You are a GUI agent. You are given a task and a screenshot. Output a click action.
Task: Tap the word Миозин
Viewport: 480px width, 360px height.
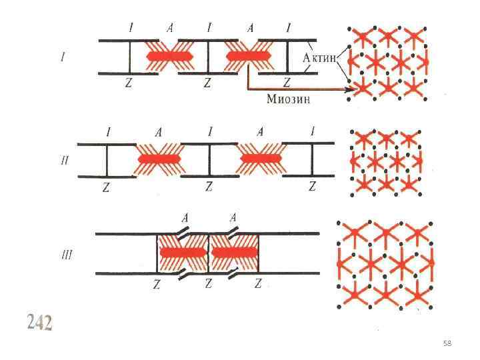coord(288,100)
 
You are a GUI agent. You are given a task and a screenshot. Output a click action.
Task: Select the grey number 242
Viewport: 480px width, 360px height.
coord(39,323)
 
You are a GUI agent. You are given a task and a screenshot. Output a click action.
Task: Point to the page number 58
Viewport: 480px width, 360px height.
coord(447,343)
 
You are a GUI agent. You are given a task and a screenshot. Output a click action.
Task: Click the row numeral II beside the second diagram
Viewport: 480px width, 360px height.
coord(64,161)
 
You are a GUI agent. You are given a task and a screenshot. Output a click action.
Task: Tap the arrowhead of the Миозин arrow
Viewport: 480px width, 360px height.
coord(348,90)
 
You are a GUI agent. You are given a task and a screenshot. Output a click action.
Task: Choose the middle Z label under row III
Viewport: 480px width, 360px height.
coord(209,284)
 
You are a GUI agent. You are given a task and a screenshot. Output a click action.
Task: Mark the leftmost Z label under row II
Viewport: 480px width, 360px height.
coord(105,188)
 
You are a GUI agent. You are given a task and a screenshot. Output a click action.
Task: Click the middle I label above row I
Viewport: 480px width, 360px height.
coord(209,28)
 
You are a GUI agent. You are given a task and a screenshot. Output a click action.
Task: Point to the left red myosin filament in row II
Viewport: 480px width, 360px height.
coord(159,159)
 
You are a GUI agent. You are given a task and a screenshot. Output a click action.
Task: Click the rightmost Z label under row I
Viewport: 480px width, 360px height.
coord(287,83)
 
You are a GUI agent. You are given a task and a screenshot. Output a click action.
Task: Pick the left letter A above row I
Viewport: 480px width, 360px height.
coord(171,28)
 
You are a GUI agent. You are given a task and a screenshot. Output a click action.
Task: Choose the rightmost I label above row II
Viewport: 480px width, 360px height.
coord(312,132)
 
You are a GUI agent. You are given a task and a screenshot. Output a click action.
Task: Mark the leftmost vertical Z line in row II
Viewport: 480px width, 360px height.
coord(107,160)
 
